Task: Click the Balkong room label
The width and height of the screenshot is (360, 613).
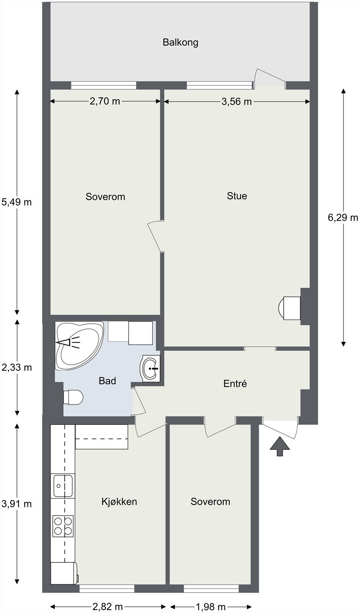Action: (180, 43)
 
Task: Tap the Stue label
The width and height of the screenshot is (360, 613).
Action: (237, 196)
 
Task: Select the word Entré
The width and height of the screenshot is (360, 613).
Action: (235, 384)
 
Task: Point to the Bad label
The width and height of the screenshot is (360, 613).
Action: (107, 381)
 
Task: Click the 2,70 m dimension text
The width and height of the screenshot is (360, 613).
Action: (105, 101)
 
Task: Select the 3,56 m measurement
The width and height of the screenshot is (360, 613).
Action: (236, 102)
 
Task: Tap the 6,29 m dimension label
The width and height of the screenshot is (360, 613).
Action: (343, 218)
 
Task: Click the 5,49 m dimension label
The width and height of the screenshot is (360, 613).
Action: (16, 202)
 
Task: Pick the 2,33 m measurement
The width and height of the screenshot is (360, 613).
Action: (17, 367)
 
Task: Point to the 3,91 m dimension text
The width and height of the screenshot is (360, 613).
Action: (17, 503)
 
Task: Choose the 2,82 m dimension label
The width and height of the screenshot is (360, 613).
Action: (108, 607)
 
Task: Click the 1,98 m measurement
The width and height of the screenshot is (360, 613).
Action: (211, 607)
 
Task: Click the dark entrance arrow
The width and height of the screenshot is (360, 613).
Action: (280, 446)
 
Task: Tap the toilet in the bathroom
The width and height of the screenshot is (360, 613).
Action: (73, 397)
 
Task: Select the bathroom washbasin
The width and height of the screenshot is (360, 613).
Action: (150, 368)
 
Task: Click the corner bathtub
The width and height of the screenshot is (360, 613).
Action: (79, 345)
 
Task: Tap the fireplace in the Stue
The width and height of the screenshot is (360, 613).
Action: (290, 308)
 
